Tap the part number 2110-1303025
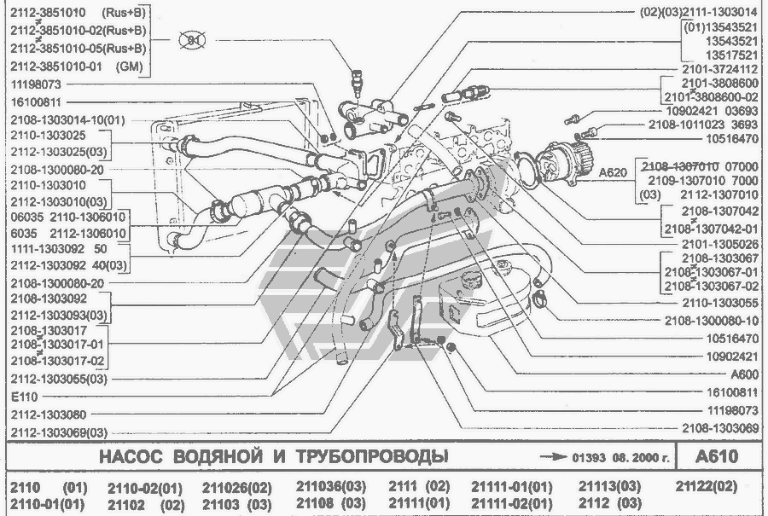pyautogui.click(x=48, y=136)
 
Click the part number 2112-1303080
pyautogui.click(x=48, y=415)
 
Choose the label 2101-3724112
pyautogui.click(x=720, y=68)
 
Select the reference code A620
pyautogui.click(x=613, y=172)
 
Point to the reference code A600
pyautogui.click(x=745, y=374)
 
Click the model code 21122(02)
pyautogui.click(x=705, y=486)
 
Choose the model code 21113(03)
pyautogui.click(x=609, y=487)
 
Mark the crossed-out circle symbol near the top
pyautogui.click(x=192, y=41)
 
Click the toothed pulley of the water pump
pyautogui.click(x=582, y=158)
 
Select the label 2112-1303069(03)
pyautogui.click(x=60, y=432)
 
